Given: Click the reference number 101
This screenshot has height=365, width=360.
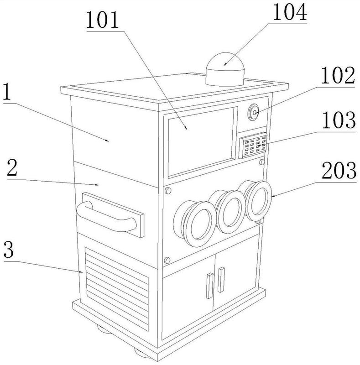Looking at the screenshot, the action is click(103, 21).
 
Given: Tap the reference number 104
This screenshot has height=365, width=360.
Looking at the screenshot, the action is click(290, 13).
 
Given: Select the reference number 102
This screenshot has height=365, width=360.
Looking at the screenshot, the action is click(338, 76).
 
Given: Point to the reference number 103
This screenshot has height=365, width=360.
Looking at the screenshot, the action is click(339, 120).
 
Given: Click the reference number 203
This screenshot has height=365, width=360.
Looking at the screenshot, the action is click(339, 170).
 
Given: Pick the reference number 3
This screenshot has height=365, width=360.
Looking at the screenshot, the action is click(9, 250).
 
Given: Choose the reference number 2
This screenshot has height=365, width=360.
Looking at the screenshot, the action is click(12, 167).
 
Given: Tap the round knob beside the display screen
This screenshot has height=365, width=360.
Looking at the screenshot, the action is click(253, 112).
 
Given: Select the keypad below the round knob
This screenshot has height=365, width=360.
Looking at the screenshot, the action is click(253, 146).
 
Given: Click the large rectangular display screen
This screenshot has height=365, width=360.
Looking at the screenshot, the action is click(201, 142).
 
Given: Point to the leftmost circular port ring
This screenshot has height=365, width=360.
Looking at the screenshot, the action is click(199, 224).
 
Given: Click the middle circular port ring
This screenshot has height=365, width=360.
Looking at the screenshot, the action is click(231, 212).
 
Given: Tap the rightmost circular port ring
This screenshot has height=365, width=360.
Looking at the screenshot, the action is click(258, 201).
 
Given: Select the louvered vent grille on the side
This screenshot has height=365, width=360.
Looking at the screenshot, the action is click(117, 289).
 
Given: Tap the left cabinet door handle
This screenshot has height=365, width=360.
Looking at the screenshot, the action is click(209, 286).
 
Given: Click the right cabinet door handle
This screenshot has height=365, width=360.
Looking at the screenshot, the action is click(221, 280).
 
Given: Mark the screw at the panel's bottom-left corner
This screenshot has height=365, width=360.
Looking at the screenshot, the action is click(167, 260).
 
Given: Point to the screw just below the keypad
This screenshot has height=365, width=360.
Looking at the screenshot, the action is click(262, 162).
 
